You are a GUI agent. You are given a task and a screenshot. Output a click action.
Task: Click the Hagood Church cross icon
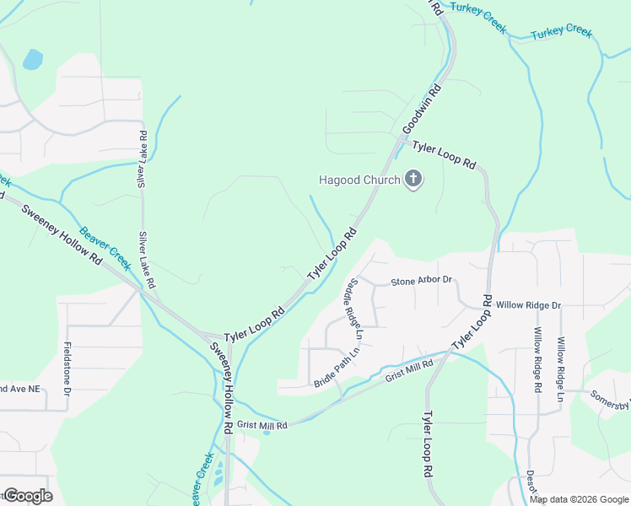[413, 180]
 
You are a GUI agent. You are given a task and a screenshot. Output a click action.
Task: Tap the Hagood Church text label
[359, 180]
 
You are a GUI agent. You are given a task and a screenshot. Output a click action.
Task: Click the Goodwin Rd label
[422, 109]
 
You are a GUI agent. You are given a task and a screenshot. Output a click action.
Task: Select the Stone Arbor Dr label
[421, 280]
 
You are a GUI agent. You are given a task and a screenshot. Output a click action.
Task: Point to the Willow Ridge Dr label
[528, 305]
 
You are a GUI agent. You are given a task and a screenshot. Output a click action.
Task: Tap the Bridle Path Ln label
[337, 370]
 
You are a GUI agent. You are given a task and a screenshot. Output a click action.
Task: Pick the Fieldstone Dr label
[67, 364]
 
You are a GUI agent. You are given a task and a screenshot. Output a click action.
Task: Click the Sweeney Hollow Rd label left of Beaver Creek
[60, 237]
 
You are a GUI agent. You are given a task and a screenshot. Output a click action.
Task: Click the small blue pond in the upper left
[32, 59]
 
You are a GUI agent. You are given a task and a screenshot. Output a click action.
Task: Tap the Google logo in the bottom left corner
[28, 496]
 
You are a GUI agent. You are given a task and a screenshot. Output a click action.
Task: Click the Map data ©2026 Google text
[580, 499]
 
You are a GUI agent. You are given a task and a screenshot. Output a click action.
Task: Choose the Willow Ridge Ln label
[559, 368]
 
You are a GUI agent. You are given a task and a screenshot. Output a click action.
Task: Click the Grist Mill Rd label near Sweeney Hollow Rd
[262, 425]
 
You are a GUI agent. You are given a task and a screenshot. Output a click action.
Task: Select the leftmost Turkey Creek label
[477, 17]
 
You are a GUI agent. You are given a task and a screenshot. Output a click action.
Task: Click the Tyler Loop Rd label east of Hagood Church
[444, 154]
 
